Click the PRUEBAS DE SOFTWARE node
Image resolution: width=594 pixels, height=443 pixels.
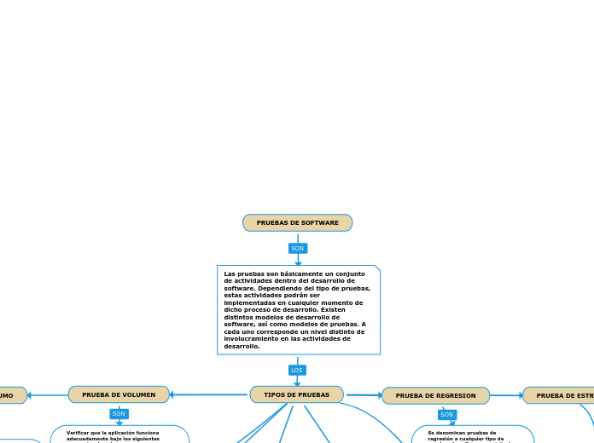pyautogui.click(x=297, y=223)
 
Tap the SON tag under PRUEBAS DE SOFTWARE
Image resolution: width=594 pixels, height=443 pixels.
pyautogui.click(x=297, y=249)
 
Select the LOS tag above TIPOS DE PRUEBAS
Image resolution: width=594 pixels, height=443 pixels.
pyautogui.click(x=297, y=371)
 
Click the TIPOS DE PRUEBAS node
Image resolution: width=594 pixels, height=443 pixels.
pyautogui.click(x=296, y=395)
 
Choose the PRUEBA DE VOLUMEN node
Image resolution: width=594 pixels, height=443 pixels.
pyautogui.click(x=119, y=395)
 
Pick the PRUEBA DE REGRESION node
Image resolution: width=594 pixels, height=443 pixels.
pyautogui.click(x=435, y=396)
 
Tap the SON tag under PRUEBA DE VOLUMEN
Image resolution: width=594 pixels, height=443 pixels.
pyautogui.click(x=119, y=414)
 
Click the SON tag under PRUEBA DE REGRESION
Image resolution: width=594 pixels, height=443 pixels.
pyautogui.click(x=447, y=415)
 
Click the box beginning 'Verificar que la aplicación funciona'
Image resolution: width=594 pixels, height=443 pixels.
pyautogui.click(x=119, y=434)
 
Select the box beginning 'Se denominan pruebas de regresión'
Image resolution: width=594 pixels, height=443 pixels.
pyautogui.click(x=472, y=434)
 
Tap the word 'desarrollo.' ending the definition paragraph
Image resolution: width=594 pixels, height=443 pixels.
pyautogui.click(x=242, y=347)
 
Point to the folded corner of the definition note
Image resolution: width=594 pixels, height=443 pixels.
pyautogui.click(x=376, y=269)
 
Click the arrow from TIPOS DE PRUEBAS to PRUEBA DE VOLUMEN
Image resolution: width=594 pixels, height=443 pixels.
pyautogui.click(x=209, y=394)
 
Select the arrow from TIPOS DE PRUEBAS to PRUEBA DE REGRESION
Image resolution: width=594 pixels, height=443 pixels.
pyautogui.click(x=364, y=395)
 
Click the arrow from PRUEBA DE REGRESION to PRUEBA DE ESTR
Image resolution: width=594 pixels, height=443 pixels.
pyautogui.click(x=507, y=395)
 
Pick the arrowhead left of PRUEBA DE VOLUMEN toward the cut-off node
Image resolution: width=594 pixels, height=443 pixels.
pyautogui.click(x=30, y=395)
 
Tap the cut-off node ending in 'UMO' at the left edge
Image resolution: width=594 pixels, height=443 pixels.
pyautogui.click(x=10, y=396)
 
